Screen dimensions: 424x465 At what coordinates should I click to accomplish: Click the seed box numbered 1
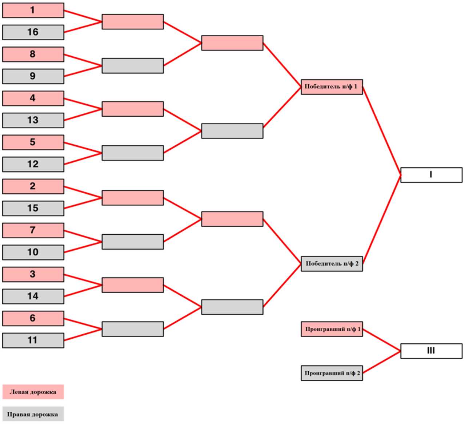(x=33, y=10)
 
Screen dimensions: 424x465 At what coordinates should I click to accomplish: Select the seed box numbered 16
(x=33, y=32)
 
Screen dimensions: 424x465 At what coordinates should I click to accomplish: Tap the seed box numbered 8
(x=33, y=54)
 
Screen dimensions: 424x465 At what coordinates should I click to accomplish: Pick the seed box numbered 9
(x=33, y=76)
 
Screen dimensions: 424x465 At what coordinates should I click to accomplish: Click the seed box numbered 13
(x=33, y=120)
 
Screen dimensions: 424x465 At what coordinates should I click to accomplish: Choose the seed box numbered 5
(x=33, y=142)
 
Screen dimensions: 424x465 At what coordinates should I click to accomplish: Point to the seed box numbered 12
(x=33, y=164)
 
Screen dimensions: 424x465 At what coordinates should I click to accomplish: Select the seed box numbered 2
(x=33, y=186)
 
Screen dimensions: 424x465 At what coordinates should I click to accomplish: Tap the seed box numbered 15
(x=33, y=208)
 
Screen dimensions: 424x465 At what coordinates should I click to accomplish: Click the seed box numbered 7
(x=33, y=230)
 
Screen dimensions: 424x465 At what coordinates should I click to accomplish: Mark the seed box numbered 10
(x=33, y=252)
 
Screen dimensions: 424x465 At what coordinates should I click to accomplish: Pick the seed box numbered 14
(x=33, y=296)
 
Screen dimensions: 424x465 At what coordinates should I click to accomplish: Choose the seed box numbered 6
(x=33, y=318)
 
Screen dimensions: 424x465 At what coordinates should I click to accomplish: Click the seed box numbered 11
(x=33, y=340)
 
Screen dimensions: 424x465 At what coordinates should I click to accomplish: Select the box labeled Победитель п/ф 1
(x=332, y=87)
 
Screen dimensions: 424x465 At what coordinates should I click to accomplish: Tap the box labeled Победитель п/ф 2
(x=332, y=263)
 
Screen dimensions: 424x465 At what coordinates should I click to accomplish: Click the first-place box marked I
(x=431, y=175)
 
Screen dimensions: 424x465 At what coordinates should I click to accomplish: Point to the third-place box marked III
(x=431, y=351)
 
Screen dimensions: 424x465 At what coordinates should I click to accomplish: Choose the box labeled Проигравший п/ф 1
(x=332, y=329)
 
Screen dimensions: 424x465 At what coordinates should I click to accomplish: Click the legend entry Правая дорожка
(x=33, y=414)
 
